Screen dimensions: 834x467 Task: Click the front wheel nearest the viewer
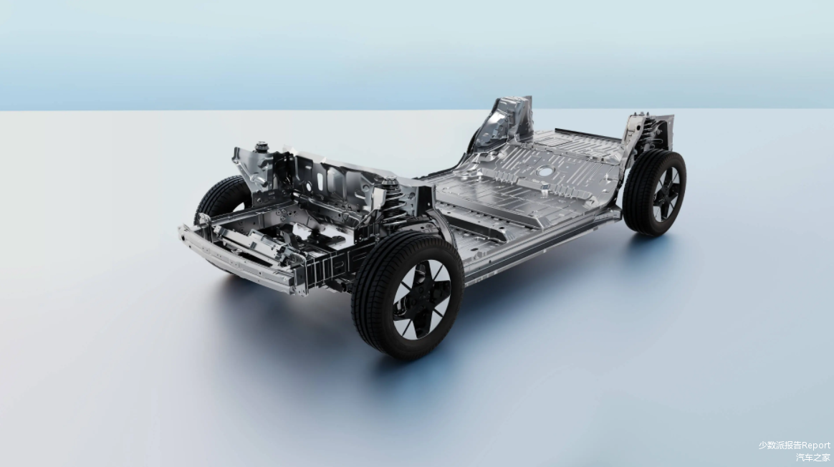point(407,296)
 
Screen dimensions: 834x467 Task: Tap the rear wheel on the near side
point(655,192)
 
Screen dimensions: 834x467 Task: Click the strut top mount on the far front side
point(261,145)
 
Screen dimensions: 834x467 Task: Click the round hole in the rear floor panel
point(545,171)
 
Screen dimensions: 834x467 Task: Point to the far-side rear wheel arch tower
point(502,123)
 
